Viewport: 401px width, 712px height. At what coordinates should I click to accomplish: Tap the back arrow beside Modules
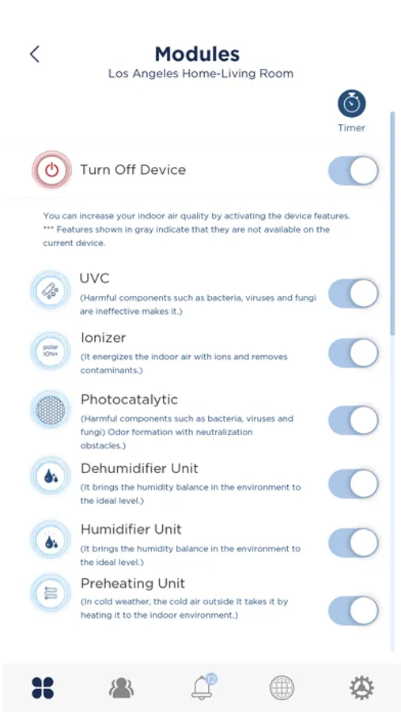tap(35, 54)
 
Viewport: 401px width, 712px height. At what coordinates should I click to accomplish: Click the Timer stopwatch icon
tap(351, 104)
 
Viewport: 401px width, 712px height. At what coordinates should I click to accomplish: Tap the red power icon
tap(51, 170)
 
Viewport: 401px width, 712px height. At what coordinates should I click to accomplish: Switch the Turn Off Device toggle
tap(354, 171)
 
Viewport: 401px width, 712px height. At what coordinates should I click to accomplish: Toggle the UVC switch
tap(354, 294)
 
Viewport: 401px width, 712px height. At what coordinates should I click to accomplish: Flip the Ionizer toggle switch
tap(354, 353)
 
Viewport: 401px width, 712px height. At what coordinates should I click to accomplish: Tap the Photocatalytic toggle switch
tap(354, 420)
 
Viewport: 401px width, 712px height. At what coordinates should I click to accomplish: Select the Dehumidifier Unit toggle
tap(354, 483)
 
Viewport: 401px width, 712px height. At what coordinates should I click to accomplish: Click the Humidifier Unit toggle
tap(354, 543)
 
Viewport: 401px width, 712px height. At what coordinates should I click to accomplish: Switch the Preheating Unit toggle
tap(354, 611)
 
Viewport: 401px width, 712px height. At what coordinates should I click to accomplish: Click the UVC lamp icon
tap(51, 290)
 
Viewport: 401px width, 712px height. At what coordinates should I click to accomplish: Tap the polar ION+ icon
tap(51, 351)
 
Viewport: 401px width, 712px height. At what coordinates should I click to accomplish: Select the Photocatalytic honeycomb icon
tap(51, 410)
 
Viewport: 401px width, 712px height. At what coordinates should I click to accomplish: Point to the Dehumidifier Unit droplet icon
tap(51, 476)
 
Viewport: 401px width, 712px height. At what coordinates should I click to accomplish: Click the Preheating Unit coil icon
tap(51, 593)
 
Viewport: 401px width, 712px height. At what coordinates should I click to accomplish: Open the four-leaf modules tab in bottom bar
tap(44, 687)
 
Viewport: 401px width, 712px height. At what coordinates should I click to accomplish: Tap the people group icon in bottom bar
tap(121, 688)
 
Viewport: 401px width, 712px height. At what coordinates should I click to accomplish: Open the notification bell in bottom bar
tap(202, 687)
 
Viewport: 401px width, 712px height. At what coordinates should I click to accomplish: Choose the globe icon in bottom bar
tap(282, 687)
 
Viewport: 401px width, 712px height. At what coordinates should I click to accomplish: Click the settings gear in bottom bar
tap(361, 687)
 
